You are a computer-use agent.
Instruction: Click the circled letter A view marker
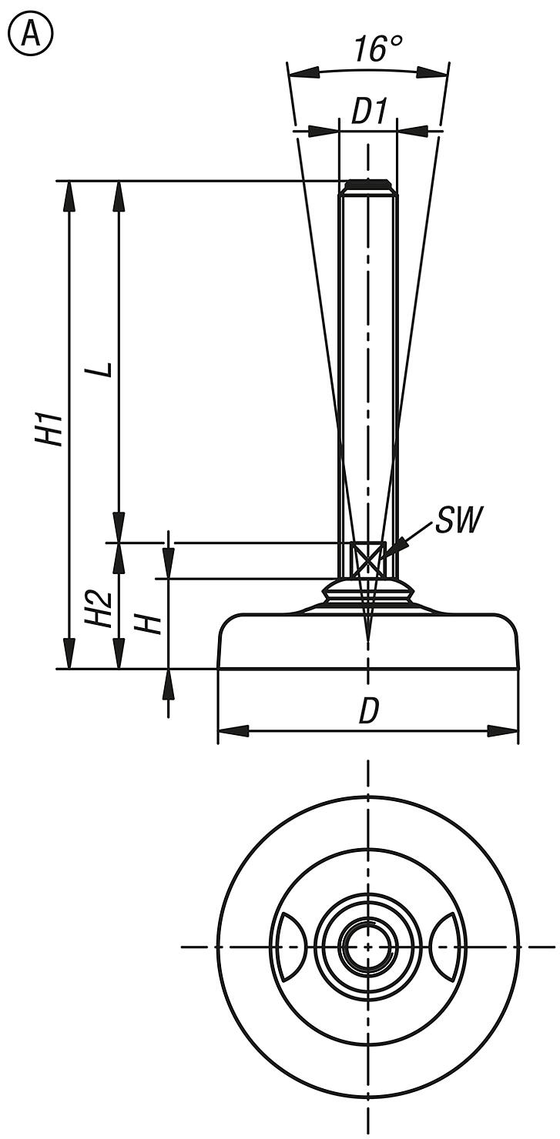point(30,35)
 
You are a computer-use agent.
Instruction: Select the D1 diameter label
point(368,112)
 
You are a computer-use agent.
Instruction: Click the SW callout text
point(458,521)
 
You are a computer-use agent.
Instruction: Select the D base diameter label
point(369,713)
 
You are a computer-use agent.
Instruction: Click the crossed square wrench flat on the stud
point(367,558)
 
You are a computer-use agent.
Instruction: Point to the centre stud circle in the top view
point(368,947)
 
